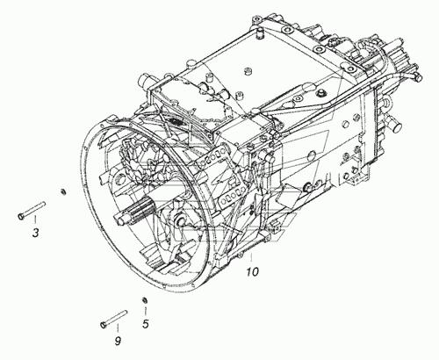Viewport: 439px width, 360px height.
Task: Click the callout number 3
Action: point(35,233)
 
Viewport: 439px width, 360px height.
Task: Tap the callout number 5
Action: point(146,324)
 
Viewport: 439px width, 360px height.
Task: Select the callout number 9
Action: point(118,341)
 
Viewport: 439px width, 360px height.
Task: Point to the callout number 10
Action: point(252,271)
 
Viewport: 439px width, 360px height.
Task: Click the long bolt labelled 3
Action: point(32,210)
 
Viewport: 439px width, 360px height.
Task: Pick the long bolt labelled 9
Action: point(113,319)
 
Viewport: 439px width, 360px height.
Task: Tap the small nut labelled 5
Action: point(144,299)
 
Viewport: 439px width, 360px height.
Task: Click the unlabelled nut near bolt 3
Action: point(62,192)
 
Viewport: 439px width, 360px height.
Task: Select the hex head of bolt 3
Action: point(20,216)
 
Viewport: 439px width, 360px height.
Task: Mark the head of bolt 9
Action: point(103,325)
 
